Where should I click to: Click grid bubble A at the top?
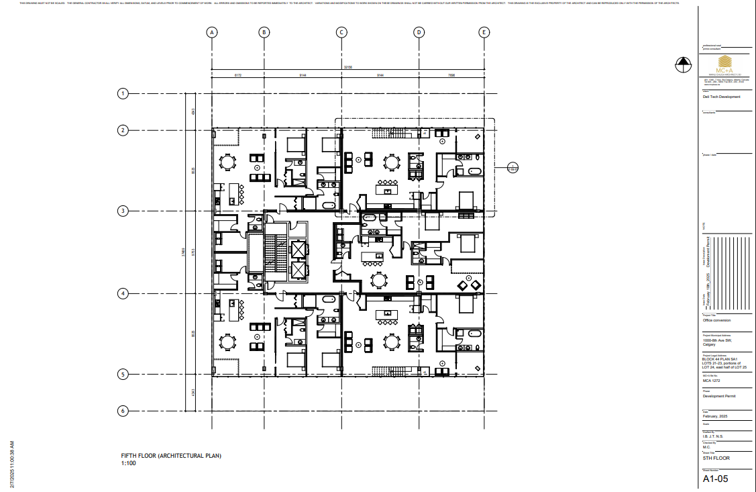pos(212,32)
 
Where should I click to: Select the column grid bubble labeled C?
pos(341,32)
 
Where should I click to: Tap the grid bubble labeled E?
pos(484,32)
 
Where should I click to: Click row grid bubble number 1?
pos(123,93)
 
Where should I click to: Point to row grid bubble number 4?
pos(123,293)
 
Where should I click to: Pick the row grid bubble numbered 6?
pos(123,411)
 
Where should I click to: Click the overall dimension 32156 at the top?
pos(348,67)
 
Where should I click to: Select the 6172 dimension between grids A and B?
pos(238,76)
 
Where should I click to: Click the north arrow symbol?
pos(683,64)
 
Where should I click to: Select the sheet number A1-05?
pos(715,479)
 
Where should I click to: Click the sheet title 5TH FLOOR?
pos(716,458)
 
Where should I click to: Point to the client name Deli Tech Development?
pos(721,97)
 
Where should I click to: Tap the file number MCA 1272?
pos(711,381)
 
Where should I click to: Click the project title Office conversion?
pos(716,320)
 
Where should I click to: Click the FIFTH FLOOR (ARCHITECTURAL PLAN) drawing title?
pos(170,456)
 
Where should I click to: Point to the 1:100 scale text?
pos(128,463)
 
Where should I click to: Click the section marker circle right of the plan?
pos(513,167)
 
